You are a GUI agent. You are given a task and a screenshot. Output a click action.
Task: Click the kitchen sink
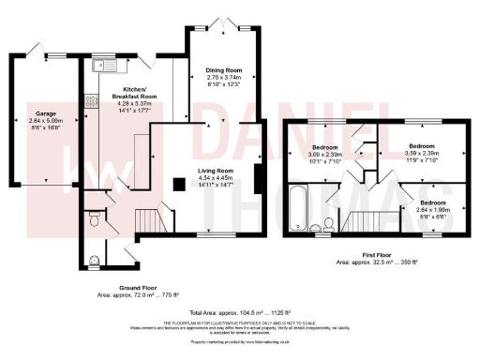pyautogui.click(x=105, y=65)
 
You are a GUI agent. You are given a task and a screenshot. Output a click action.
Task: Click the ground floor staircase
pyautogui.click(x=142, y=221)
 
